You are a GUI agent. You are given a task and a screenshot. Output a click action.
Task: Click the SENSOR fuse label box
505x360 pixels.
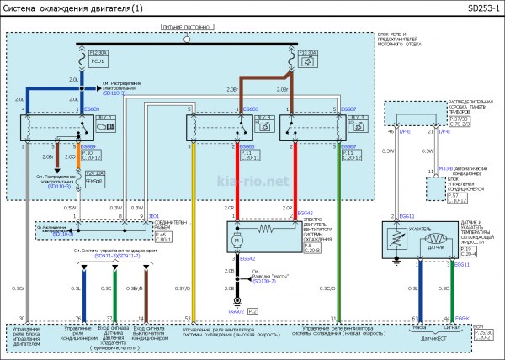pyautogui.click(x=95, y=180)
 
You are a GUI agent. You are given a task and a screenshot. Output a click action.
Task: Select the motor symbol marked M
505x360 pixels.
pyautogui.click(x=239, y=241)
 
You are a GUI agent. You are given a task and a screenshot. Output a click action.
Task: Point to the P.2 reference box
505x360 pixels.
pyautogui.click(x=252, y=311)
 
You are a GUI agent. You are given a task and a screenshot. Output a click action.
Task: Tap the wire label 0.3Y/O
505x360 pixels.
pyautogui.click(x=183, y=289)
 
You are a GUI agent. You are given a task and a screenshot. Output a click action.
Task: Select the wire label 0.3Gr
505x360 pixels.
pyautogui.click(x=18, y=289)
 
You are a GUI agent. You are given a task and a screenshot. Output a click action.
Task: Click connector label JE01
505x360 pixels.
pyautogui.click(x=153, y=215)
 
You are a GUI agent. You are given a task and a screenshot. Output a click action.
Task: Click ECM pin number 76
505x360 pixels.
pyautogui.click(x=79, y=318)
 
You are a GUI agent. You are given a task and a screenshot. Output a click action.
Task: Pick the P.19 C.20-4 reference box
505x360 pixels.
pyautogui.click(x=468, y=251)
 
